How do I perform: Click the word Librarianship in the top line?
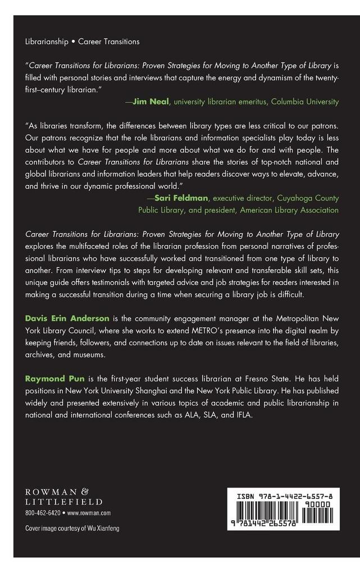pyautogui.click(x=49, y=42)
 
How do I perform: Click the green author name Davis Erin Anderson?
pyautogui.click(x=67, y=318)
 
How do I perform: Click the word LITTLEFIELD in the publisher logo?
pyautogui.click(x=64, y=501)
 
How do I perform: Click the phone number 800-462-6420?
pyautogui.click(x=43, y=513)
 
